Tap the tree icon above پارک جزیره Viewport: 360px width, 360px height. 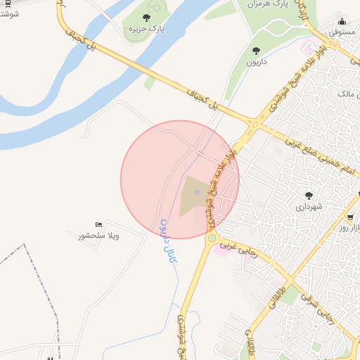click(x=146, y=18)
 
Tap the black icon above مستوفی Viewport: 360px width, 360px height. click(x=342, y=22)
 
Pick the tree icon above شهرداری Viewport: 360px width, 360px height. click(x=308, y=195)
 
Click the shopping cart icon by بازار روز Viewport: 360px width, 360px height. click(x=350, y=217)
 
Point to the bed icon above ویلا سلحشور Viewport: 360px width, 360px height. click(x=98, y=224)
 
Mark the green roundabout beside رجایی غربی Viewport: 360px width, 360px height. click(x=212, y=238)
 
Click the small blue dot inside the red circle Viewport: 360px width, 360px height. click(x=197, y=192)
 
